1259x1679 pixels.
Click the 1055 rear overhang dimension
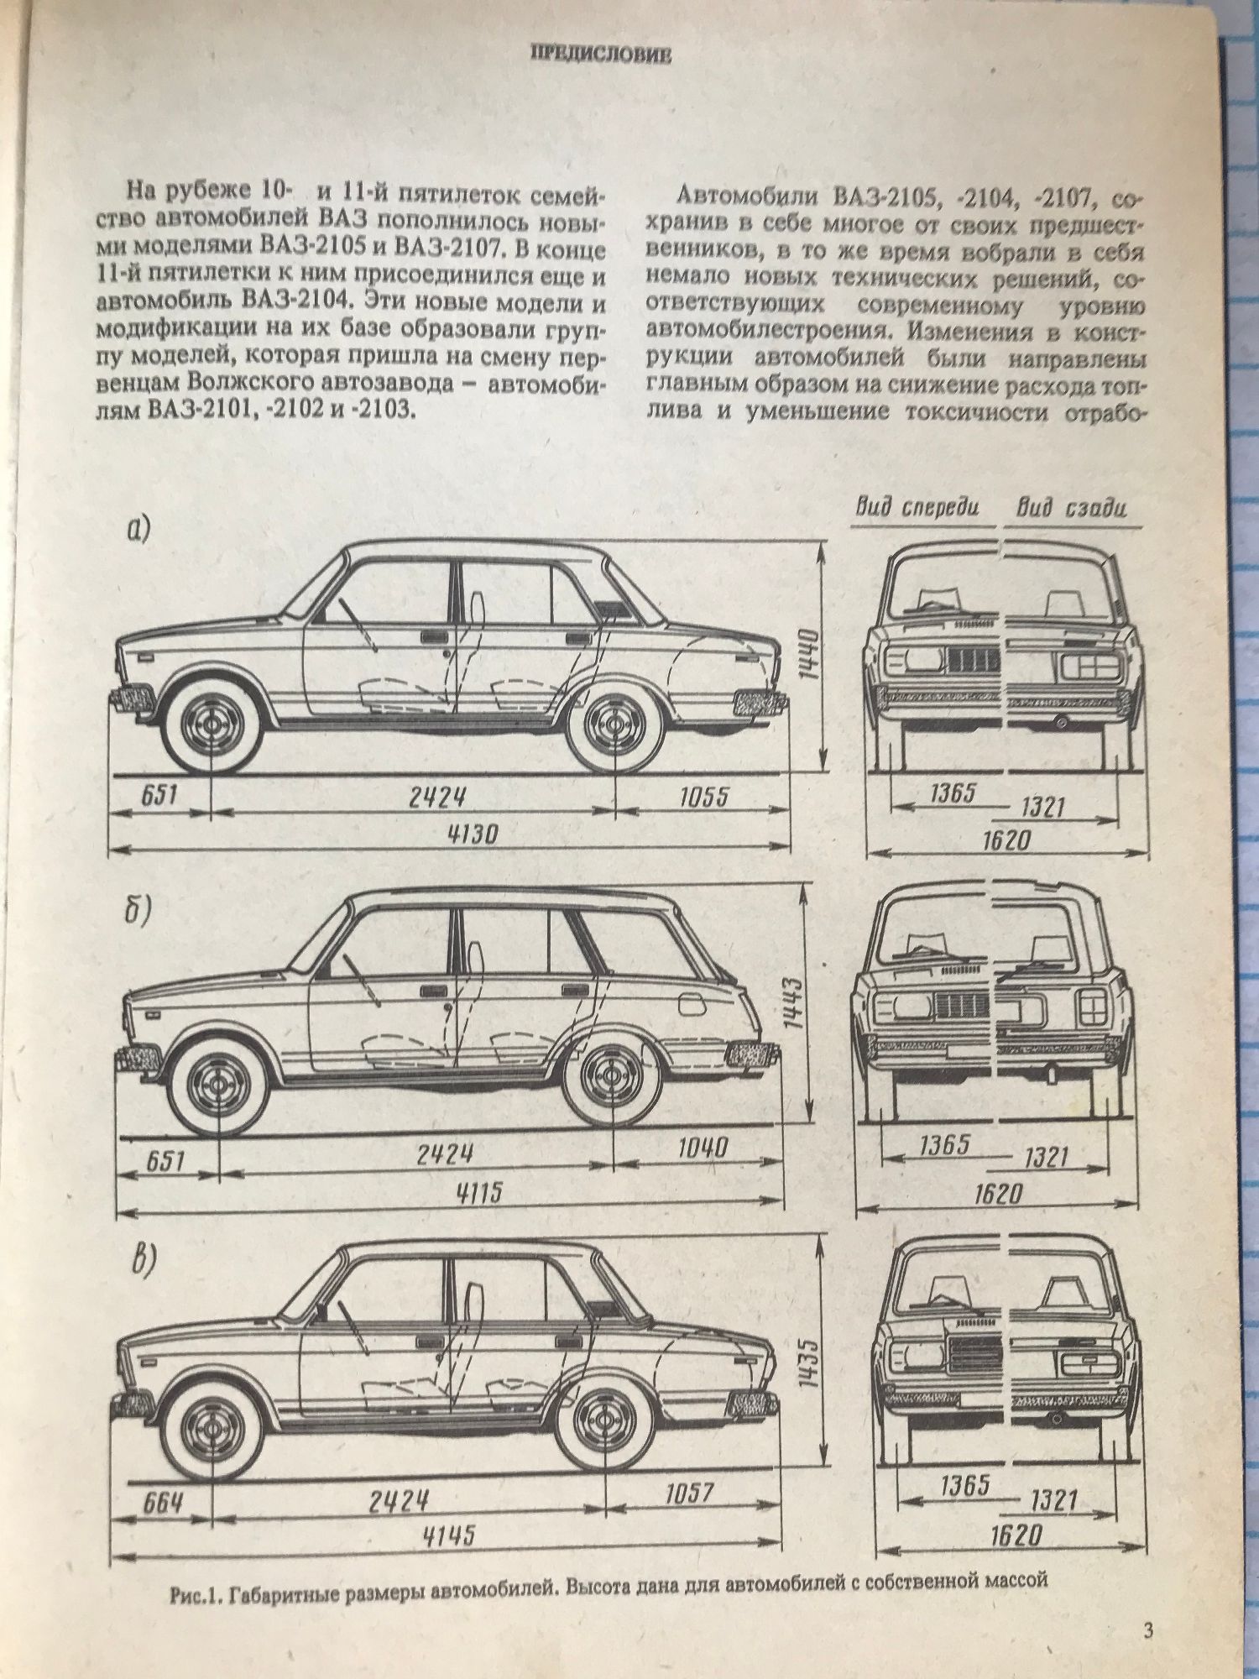coord(703,795)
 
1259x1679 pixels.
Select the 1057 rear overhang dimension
coord(688,1492)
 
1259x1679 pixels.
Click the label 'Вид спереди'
coord(917,507)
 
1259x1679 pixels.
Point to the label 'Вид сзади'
coord(1071,508)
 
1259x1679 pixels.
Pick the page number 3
coord(1148,1631)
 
